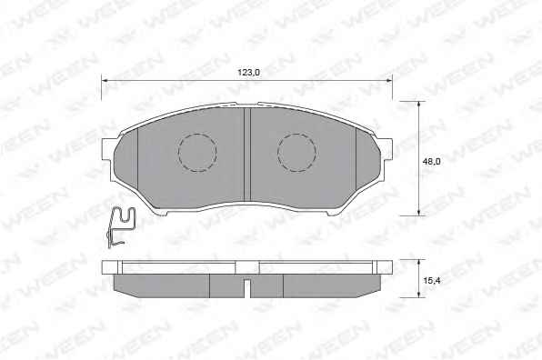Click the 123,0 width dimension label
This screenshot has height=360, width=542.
point(248,73)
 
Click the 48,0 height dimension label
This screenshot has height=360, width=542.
point(432,161)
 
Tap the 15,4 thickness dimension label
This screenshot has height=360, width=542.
point(432,281)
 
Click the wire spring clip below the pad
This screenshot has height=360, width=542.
point(119,226)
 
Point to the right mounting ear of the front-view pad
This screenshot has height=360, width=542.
point(386,150)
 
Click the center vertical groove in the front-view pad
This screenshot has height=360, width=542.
point(247,155)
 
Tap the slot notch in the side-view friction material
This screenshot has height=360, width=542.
point(246,288)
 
